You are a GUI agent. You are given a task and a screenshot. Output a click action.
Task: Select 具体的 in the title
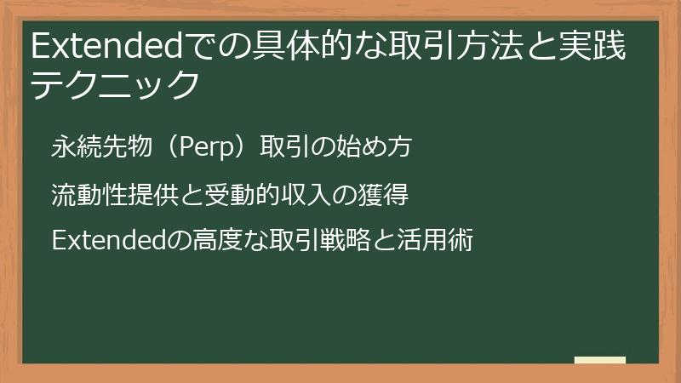click(297, 48)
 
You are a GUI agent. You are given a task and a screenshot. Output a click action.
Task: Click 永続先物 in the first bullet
click(97, 147)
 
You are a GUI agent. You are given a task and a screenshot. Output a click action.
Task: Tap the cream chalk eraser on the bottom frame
click(599, 361)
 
